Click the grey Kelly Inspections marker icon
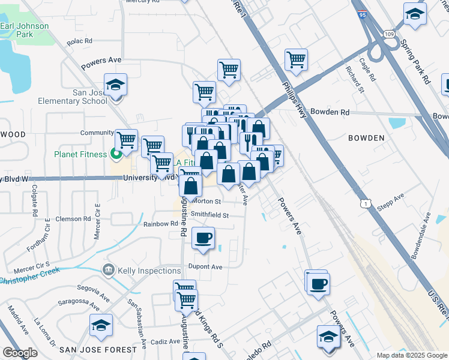point(107,271)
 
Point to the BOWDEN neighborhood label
point(366,138)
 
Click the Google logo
point(20,353)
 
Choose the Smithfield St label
point(209,215)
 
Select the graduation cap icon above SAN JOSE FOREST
point(101,325)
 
